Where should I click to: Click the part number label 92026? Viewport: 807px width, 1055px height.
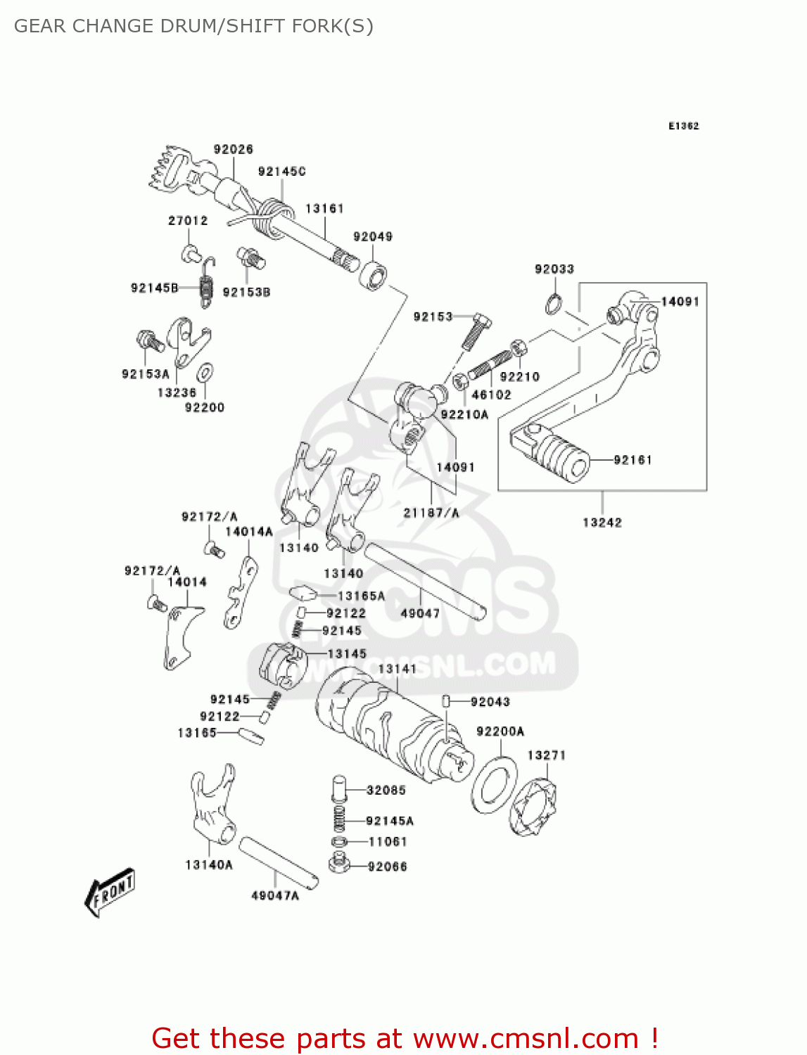pyautogui.click(x=234, y=149)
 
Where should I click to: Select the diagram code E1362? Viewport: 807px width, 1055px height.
pyautogui.click(x=683, y=126)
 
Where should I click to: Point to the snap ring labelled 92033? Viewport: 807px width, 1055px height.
pyautogui.click(x=554, y=304)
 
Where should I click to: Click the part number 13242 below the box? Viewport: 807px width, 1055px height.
pyautogui.click(x=602, y=522)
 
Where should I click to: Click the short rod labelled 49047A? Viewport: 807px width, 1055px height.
pyautogui.click(x=279, y=862)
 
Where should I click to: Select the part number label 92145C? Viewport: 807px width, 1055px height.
pyautogui.click(x=281, y=171)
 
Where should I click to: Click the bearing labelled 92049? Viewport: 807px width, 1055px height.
pyautogui.click(x=374, y=274)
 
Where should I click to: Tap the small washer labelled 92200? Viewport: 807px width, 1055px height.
pyautogui.click(x=205, y=372)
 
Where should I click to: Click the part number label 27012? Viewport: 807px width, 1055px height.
pyautogui.click(x=188, y=220)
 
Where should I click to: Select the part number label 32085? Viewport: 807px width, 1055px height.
pyautogui.click(x=386, y=790)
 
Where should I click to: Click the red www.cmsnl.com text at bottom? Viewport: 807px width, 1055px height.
pyautogui.click(x=526, y=1038)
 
